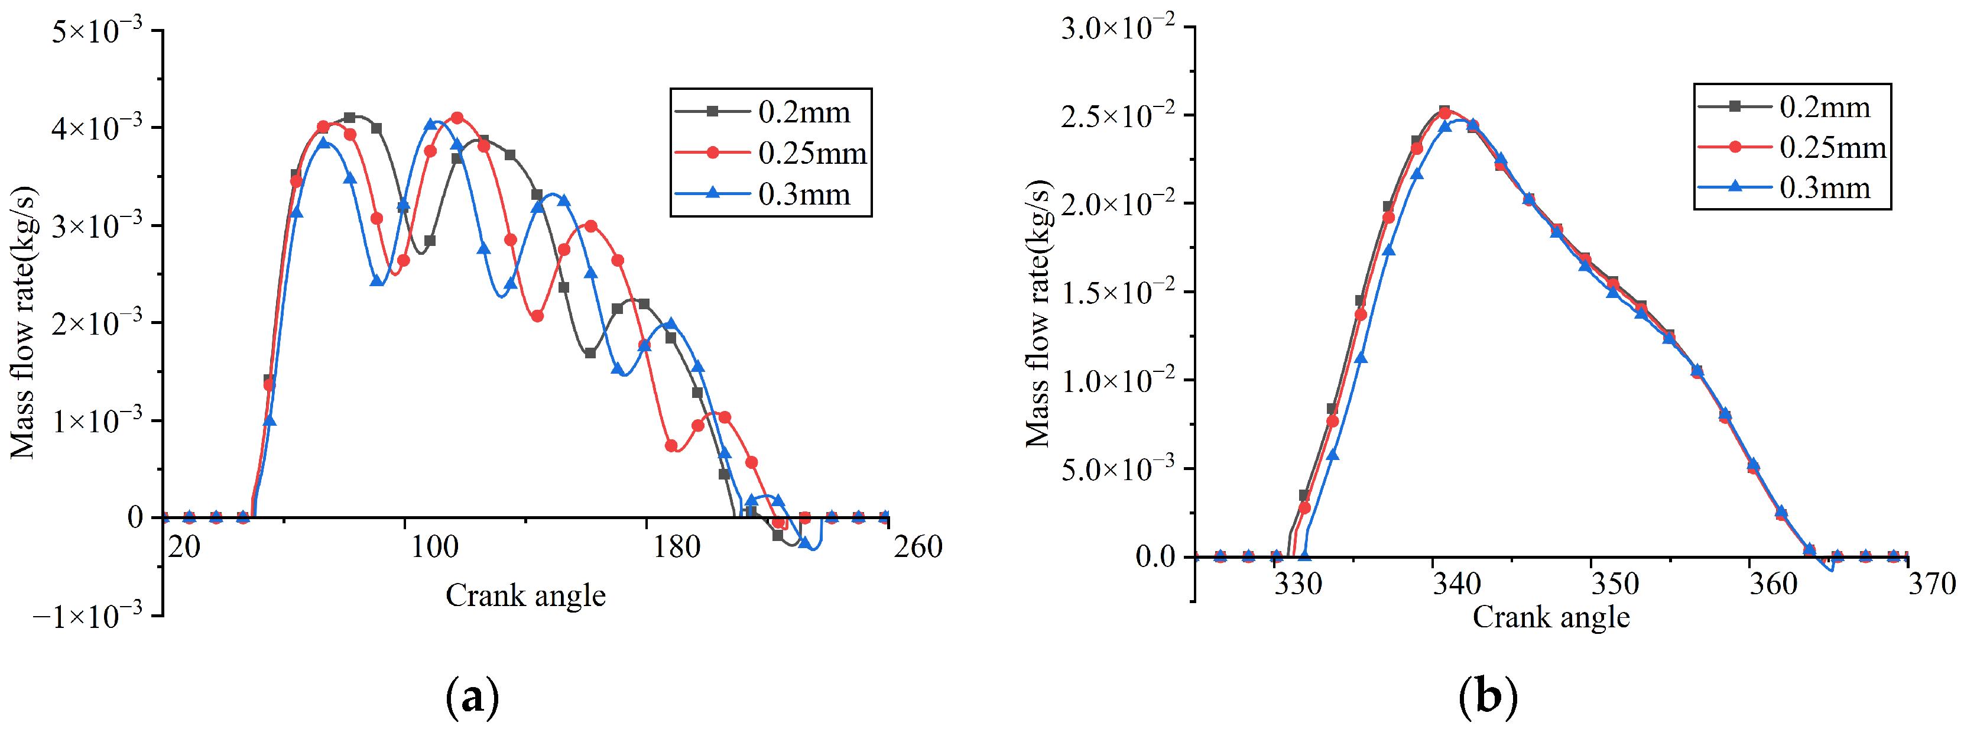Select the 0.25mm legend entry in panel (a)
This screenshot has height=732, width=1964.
[x=811, y=153]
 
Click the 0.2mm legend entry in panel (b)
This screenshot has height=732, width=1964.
[x=1824, y=107]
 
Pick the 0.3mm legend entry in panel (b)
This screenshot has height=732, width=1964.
[x=1824, y=187]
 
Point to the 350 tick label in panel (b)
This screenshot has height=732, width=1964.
[x=1614, y=584]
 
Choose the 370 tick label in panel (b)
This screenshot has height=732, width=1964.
[x=1931, y=584]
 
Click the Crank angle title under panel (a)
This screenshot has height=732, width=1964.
[x=525, y=595]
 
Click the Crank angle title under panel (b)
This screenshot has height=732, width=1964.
[x=1550, y=617]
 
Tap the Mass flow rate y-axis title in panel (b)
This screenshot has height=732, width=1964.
[x=1038, y=314]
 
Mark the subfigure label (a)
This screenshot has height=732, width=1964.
[x=473, y=695]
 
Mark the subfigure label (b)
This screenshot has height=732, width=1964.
[x=1488, y=695]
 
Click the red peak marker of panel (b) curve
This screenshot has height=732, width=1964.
[x=1444, y=113]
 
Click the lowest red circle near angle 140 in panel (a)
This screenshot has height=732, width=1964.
[x=537, y=316]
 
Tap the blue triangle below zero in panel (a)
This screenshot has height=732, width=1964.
[x=804, y=543]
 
